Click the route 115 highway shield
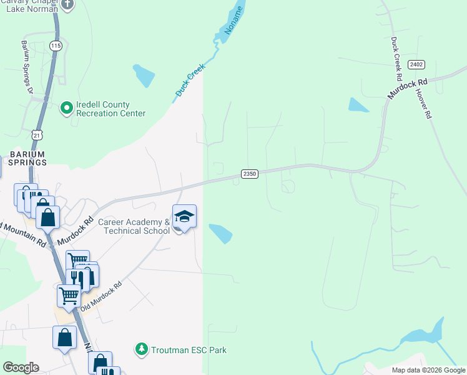pos(56,46)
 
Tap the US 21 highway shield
pos(37,134)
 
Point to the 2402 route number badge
pos(416,64)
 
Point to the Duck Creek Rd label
pos(395,59)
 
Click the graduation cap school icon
pos(184,216)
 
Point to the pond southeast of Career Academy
pos(220,233)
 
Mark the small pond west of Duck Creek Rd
pos(358,105)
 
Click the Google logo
pos(21,367)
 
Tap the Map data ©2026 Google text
pos(428,369)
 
